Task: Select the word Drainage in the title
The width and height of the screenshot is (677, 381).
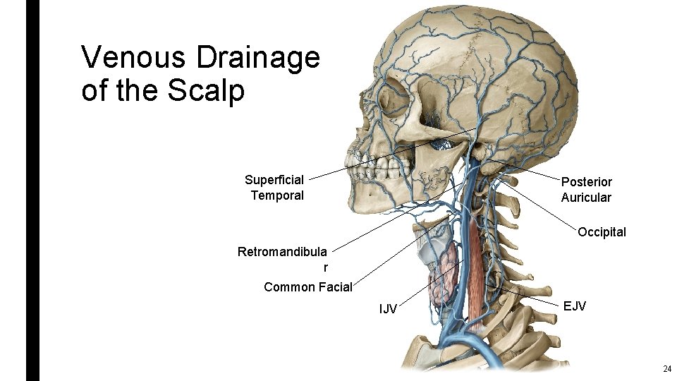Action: (x=258, y=59)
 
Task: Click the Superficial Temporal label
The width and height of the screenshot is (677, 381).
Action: (x=275, y=188)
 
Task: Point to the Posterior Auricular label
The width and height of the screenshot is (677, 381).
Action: (x=586, y=190)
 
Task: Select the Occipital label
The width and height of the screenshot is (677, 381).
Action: (x=602, y=232)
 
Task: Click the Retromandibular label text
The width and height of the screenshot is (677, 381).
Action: (x=282, y=252)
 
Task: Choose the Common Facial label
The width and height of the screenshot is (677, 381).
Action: (x=307, y=286)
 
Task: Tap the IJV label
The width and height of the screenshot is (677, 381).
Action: (x=388, y=308)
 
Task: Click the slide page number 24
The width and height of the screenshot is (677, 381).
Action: (x=666, y=369)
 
